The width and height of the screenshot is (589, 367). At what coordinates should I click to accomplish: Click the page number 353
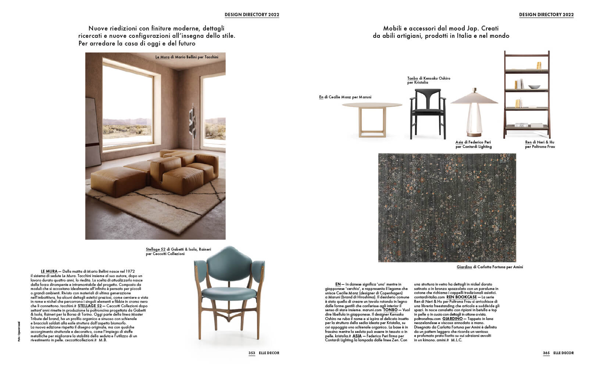click(x=252, y=353)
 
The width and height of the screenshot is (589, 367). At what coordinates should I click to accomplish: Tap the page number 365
click(x=546, y=353)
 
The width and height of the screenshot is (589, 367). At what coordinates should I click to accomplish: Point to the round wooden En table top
click(x=372, y=105)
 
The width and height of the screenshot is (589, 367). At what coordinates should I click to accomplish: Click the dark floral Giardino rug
click(x=447, y=207)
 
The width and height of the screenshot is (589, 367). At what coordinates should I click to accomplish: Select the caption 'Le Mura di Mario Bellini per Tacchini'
click(x=187, y=57)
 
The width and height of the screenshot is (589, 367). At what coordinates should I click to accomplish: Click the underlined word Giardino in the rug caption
click(x=464, y=267)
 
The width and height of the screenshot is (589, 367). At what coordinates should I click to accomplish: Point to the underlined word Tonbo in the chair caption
click(x=413, y=79)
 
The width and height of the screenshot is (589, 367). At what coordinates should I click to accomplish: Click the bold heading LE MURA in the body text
click(x=49, y=272)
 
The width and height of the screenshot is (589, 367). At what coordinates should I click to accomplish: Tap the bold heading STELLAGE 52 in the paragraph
click(x=90, y=306)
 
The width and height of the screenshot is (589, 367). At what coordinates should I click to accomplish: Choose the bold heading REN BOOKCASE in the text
click(x=461, y=297)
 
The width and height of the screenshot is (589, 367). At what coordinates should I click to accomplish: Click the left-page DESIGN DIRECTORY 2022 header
click(x=252, y=15)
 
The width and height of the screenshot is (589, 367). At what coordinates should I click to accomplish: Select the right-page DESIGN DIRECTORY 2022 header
click(x=546, y=15)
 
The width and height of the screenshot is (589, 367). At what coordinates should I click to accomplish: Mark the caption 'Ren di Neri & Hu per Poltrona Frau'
click(x=540, y=144)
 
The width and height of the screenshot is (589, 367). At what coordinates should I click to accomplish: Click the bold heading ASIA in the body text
click(x=357, y=336)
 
